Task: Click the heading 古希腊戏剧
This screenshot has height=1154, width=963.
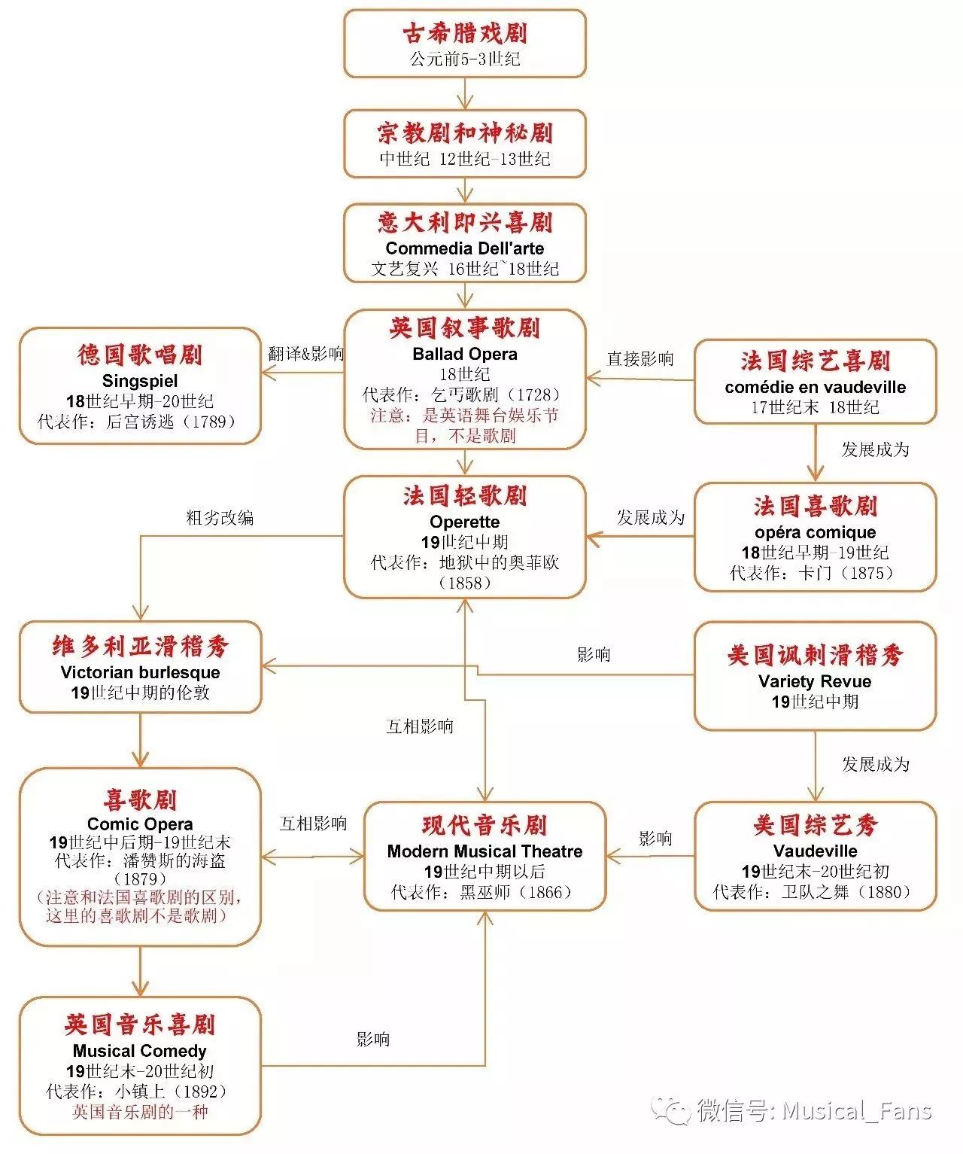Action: pos(464,33)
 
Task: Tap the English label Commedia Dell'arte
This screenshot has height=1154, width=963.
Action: pos(464,248)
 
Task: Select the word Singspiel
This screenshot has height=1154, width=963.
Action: pos(140,380)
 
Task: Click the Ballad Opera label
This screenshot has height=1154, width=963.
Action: pos(464,354)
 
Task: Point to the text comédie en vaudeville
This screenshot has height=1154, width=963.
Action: pos(815,387)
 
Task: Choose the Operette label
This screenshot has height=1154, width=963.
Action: pos(464,522)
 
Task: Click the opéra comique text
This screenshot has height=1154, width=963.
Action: pos(815,532)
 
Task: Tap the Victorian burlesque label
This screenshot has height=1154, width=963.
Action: pos(140,672)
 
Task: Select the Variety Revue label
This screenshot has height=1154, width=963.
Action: pos(815,681)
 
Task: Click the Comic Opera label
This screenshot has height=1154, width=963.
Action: pos(140,824)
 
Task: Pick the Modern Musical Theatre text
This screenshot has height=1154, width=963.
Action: pos(485,851)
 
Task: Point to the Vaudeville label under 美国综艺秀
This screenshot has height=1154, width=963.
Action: pos(815,851)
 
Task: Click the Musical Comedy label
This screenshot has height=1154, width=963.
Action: pos(140,1051)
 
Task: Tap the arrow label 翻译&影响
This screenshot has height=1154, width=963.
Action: pos(305,354)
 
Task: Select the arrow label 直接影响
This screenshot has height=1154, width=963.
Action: pos(640,358)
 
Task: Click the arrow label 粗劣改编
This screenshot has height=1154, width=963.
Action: pos(220,518)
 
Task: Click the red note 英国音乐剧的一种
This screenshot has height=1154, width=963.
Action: pos(140,1112)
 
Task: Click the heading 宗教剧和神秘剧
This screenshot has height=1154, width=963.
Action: pos(464,133)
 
